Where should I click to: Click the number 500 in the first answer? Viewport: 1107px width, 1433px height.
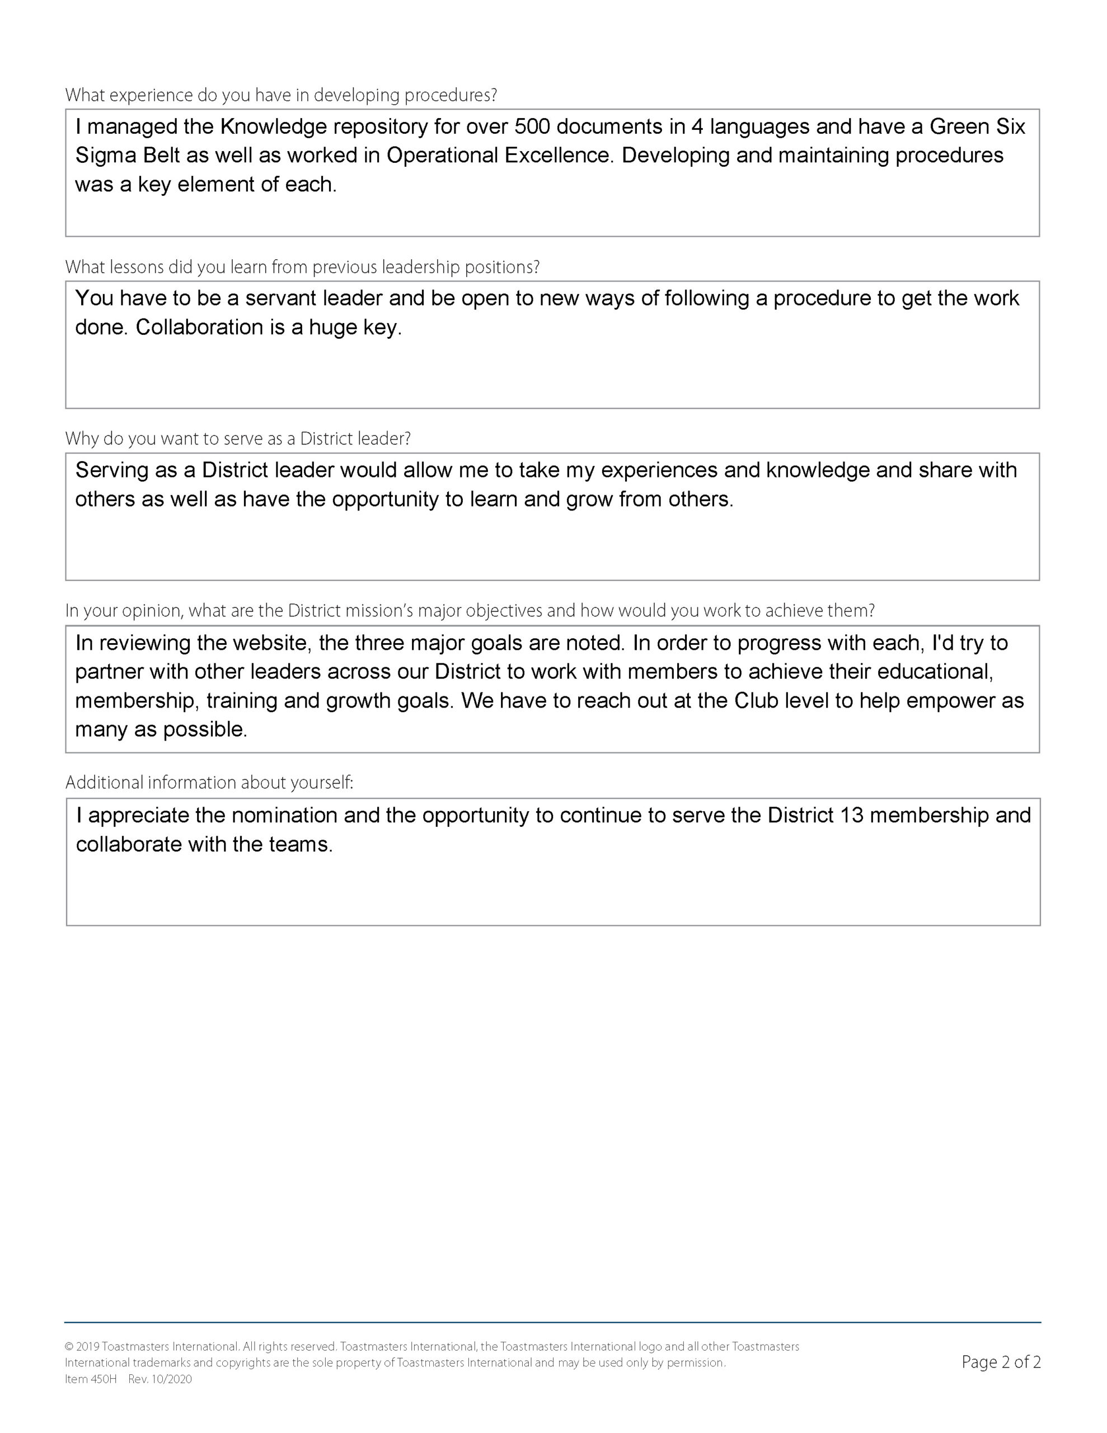click(532, 126)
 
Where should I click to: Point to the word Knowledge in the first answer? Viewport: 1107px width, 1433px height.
click(273, 126)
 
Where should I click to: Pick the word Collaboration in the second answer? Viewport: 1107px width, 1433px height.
click(199, 327)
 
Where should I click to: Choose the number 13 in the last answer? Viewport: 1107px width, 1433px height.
click(851, 815)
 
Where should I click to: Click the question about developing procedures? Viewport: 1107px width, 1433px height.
click(281, 96)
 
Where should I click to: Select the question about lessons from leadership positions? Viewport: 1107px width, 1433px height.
click(302, 267)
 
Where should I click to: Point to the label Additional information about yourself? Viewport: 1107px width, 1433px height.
click(209, 783)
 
